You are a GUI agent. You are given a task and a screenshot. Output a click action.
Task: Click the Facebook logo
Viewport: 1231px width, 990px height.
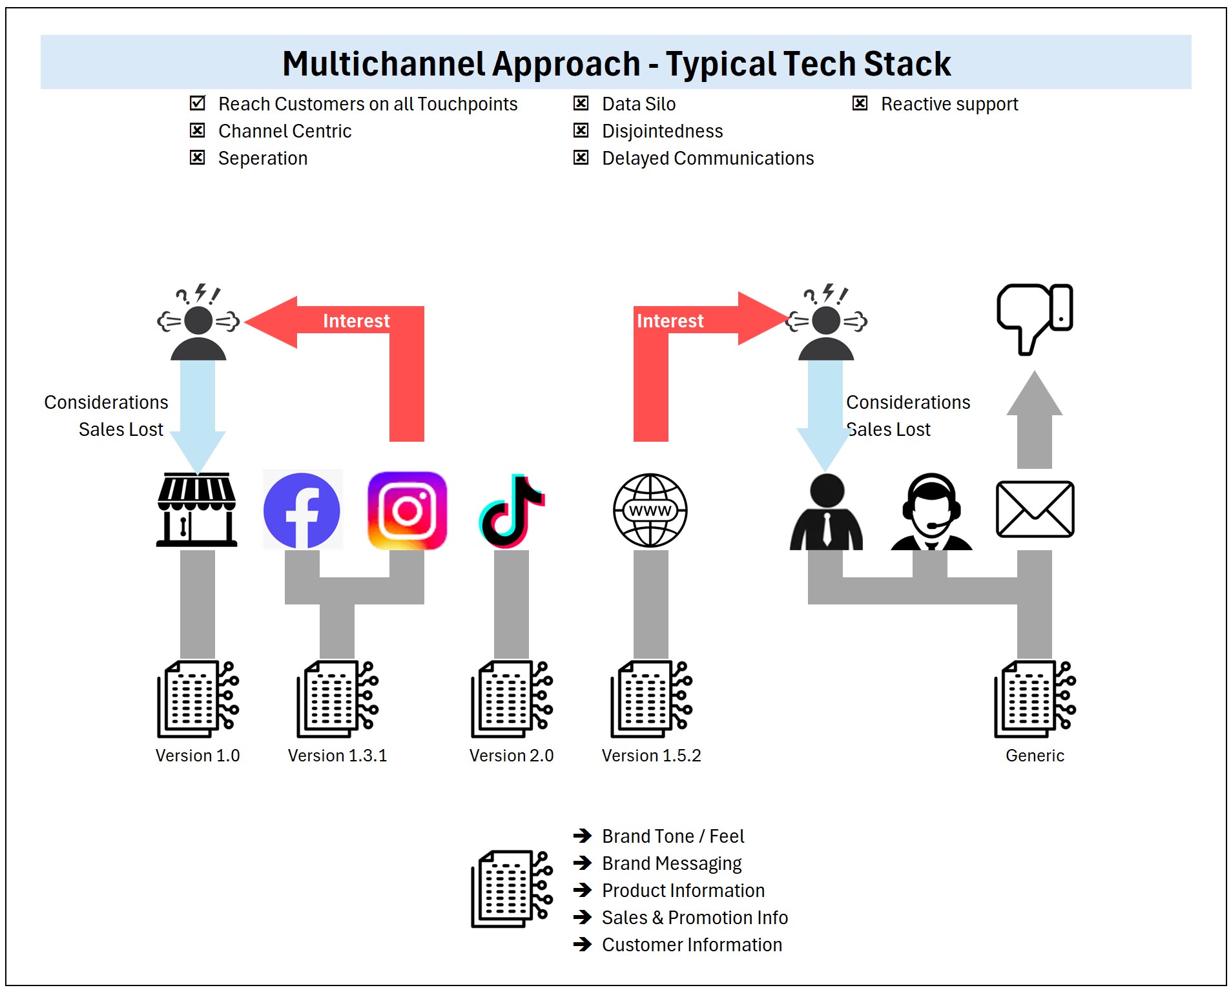[302, 510]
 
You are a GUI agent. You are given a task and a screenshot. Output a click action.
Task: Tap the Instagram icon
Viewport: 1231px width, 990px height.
[407, 510]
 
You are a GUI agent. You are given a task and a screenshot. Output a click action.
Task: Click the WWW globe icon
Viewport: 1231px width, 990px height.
[650, 510]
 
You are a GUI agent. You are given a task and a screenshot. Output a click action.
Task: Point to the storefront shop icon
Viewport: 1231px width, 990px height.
[197, 510]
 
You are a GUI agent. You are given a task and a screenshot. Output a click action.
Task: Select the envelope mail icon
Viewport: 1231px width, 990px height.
[1035, 509]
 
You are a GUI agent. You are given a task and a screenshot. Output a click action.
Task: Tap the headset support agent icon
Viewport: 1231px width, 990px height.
[931, 511]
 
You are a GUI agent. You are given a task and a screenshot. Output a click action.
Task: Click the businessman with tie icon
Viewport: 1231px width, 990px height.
[826, 512]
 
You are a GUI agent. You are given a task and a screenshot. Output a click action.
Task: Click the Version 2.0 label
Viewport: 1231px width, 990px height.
[511, 755]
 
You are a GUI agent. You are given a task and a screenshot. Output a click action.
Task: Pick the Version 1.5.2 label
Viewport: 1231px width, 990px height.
[651, 755]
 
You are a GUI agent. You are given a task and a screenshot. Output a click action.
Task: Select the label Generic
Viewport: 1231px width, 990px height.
[1035, 755]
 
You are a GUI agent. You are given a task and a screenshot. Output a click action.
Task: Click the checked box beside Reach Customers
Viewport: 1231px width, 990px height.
[198, 103]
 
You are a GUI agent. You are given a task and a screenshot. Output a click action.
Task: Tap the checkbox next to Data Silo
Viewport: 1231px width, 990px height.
[581, 103]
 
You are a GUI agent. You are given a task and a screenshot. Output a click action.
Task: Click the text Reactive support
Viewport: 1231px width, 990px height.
[949, 104]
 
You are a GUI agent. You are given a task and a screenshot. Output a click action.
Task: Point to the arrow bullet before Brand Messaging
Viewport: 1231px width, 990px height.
[583, 863]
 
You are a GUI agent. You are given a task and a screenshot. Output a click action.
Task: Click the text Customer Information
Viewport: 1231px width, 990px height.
[692, 944]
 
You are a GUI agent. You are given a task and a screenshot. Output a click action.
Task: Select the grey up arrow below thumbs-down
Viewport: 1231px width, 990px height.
[1034, 420]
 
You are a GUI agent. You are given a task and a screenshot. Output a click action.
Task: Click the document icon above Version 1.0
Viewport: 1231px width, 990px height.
[198, 699]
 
